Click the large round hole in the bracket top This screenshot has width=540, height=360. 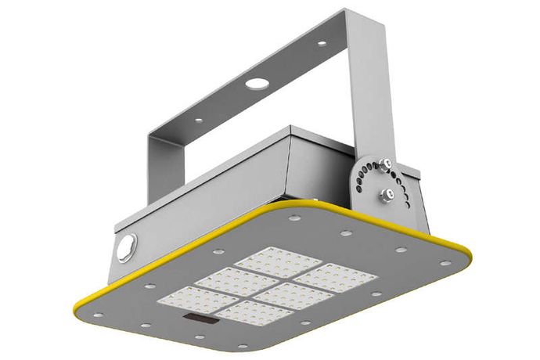click(x=255, y=82)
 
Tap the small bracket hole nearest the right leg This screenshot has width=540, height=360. click(x=321, y=44)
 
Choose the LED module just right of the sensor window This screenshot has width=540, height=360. click(x=253, y=313)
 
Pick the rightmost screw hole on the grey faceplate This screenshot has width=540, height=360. click(x=445, y=264)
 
